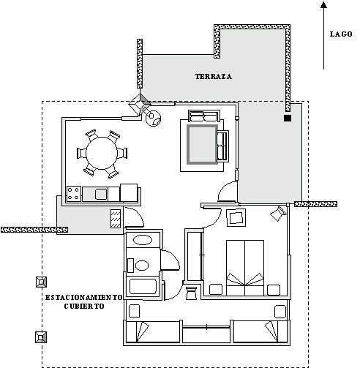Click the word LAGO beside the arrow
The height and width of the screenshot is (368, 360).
coord(341,34)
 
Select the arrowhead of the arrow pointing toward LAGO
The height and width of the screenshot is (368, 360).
coord(325,7)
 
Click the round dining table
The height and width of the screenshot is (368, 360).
coord(102,153)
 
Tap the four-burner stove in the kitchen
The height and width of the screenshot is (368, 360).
coord(74,194)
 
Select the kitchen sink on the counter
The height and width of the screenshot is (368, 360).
coord(101,194)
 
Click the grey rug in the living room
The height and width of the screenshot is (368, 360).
coord(200,144)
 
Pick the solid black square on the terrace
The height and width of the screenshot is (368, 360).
coord(288,118)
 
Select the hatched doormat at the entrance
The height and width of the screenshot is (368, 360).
coord(115,219)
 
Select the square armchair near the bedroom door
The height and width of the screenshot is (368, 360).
coord(236,217)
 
